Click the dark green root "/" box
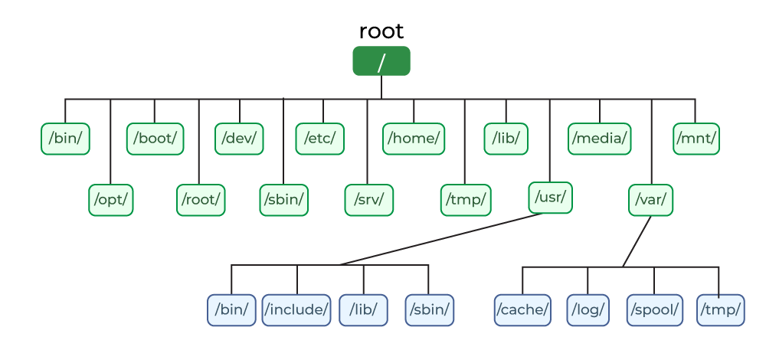(x=381, y=61)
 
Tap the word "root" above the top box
(x=381, y=31)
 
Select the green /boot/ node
(x=155, y=139)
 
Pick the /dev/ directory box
(x=239, y=139)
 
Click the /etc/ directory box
(x=320, y=139)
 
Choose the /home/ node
(x=414, y=139)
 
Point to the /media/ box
(x=600, y=139)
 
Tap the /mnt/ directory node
(x=696, y=139)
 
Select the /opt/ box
(x=111, y=200)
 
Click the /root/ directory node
(x=201, y=200)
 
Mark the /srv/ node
(x=369, y=200)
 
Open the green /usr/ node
(x=550, y=198)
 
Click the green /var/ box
(x=651, y=200)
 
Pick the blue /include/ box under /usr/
(x=296, y=310)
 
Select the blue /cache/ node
(x=522, y=310)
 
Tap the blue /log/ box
(x=588, y=310)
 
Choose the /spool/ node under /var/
(x=654, y=310)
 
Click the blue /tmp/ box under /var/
(x=721, y=310)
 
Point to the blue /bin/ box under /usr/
(x=231, y=310)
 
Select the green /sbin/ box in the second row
(x=284, y=200)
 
